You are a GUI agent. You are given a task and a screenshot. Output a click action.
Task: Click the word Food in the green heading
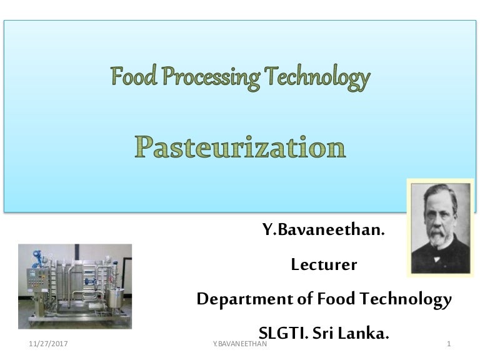click(x=131, y=78)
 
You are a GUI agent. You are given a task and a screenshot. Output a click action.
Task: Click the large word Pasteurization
click(x=241, y=147)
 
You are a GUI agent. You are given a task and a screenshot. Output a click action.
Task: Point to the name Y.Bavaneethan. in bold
click(x=323, y=231)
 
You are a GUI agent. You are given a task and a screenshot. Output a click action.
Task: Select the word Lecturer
click(x=324, y=265)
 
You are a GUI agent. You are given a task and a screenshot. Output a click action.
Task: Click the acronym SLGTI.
click(x=284, y=332)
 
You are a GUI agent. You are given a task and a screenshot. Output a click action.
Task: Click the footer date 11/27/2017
click(x=49, y=344)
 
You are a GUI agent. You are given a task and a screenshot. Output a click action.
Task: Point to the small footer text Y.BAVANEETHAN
click(x=240, y=344)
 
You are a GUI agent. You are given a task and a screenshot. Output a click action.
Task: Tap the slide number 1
click(x=449, y=344)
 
